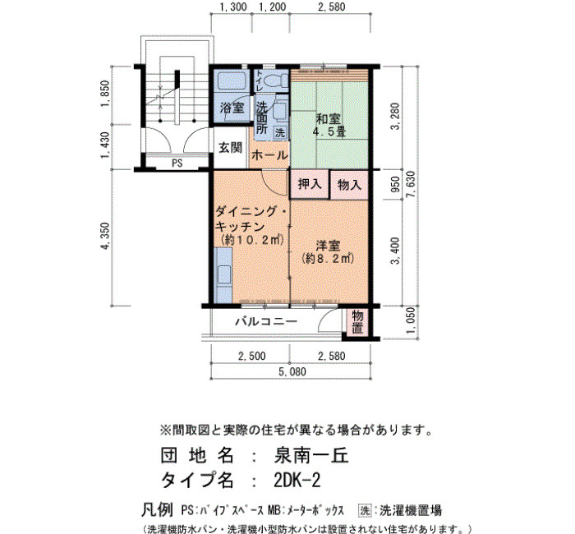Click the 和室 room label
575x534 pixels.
pos(329,119)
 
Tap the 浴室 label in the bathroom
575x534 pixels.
pos(232,108)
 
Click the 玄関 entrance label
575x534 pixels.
pos(230,148)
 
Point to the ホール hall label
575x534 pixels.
pos(269,155)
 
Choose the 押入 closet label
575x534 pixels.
pos(310,183)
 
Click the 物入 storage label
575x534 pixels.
pos(349,185)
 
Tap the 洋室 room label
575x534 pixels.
pos(329,246)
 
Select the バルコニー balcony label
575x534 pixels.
pos(266,322)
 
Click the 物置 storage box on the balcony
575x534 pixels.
pos(357,322)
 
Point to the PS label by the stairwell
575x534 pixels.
pos(177,163)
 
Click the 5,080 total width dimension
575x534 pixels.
pos(292,371)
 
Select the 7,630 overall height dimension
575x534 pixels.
pos(412,186)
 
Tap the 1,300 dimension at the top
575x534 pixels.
pos(233,7)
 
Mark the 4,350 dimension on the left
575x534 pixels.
pos(105,237)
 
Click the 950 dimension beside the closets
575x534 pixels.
pos(395,185)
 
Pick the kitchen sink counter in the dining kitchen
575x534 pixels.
pos(223,275)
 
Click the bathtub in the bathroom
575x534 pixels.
pos(232,81)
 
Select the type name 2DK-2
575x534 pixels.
pos(297,480)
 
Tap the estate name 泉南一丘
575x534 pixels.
pos(311,456)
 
